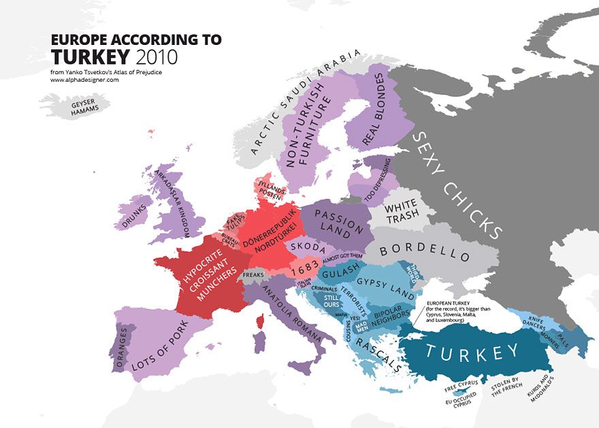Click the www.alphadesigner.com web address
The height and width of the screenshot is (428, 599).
click(84, 80)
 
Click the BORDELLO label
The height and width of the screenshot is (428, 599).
click(424, 251)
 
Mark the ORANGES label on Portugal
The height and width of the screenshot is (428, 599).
click(123, 346)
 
